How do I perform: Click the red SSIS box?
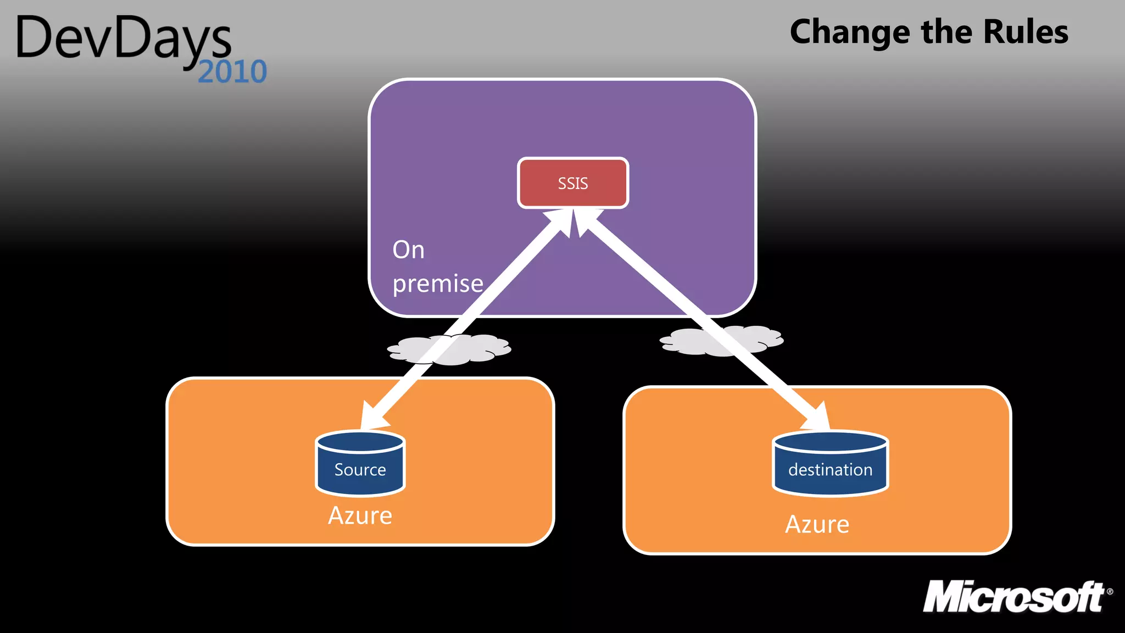(573, 183)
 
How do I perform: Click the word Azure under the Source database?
(360, 515)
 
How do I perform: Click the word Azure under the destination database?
(817, 524)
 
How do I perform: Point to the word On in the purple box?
(408, 250)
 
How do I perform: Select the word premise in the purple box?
(438, 284)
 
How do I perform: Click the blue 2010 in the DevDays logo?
(232, 72)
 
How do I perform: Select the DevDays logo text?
(124, 38)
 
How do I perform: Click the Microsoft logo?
(1013, 597)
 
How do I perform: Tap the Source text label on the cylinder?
(360, 470)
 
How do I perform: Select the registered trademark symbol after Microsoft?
(1110, 592)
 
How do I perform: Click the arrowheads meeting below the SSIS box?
(573, 223)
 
